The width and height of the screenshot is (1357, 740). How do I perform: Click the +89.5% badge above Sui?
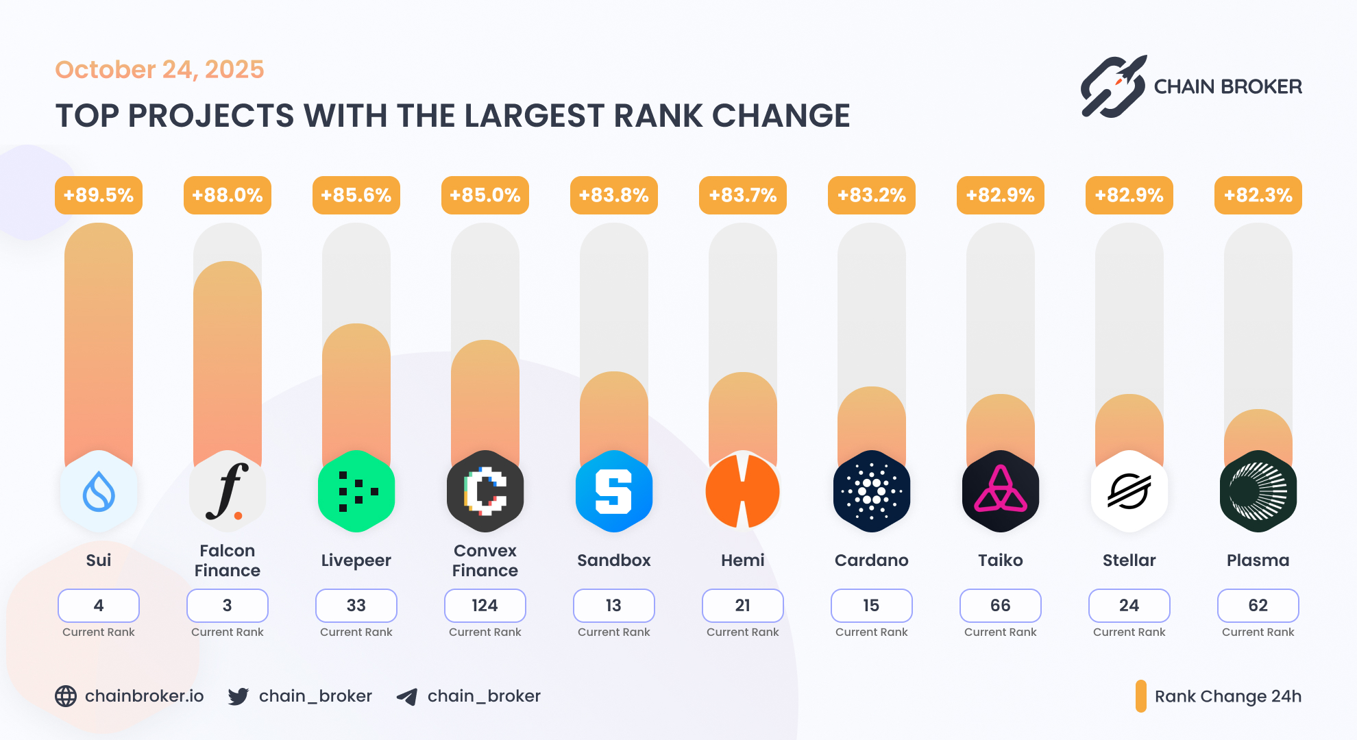click(x=99, y=195)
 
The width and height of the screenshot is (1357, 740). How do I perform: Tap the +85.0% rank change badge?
click(x=485, y=195)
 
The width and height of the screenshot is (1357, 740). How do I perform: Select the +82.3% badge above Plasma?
click(x=1258, y=195)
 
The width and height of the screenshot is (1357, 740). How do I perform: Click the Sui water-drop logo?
click(x=99, y=491)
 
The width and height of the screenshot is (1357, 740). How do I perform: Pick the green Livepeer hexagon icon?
click(x=356, y=491)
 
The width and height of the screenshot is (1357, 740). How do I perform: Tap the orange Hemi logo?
click(x=743, y=491)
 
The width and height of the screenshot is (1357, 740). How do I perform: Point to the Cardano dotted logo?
click(x=872, y=491)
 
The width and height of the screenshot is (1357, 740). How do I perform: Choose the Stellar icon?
click(x=1129, y=491)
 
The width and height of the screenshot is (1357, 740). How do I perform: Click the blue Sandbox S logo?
click(x=614, y=491)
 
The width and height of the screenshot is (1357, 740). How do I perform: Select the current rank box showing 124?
click(x=485, y=606)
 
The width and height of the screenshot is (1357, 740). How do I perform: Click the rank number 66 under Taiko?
click(x=1001, y=606)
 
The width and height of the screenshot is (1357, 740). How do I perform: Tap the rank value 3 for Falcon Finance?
click(x=228, y=606)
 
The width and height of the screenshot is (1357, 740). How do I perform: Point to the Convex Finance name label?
click(x=485, y=560)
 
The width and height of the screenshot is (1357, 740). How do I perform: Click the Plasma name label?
click(x=1258, y=560)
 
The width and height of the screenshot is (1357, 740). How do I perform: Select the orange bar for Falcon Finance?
click(x=228, y=356)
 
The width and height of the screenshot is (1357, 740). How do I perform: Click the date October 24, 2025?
click(x=160, y=69)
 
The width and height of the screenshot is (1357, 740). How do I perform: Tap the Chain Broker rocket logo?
click(x=1114, y=86)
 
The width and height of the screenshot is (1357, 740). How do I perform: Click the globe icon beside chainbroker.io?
click(x=66, y=696)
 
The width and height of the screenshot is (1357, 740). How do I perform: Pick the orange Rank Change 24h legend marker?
click(x=1141, y=696)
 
